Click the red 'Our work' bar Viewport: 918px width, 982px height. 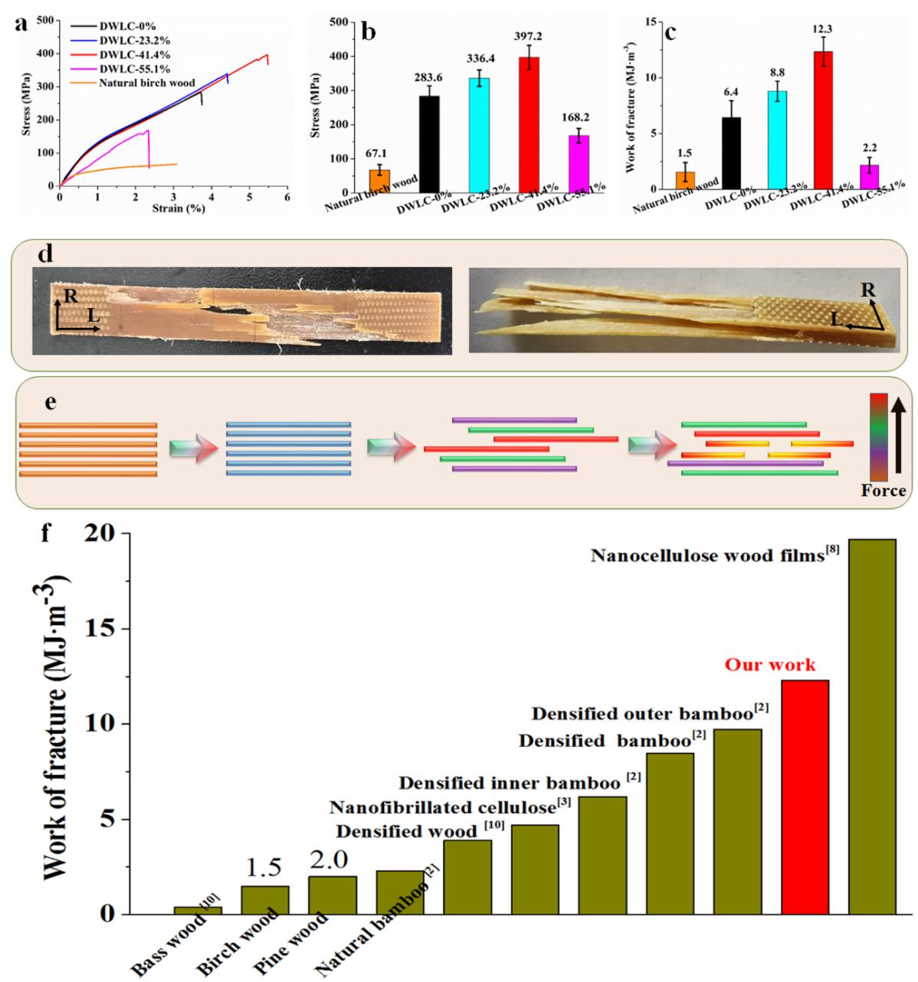(x=805, y=797)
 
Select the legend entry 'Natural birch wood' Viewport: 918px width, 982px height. (x=146, y=83)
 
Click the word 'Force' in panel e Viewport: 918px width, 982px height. (x=883, y=491)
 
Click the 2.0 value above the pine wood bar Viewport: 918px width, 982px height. (x=331, y=865)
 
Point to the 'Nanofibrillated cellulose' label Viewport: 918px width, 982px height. (x=442, y=807)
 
